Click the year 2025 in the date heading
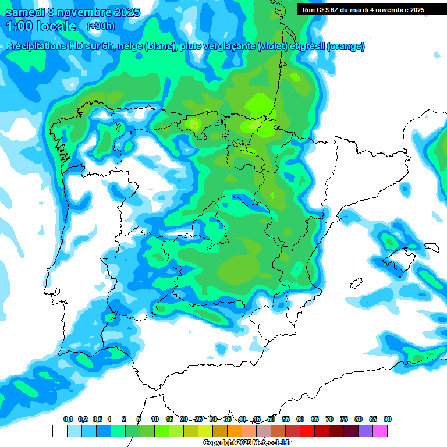pos(123,12)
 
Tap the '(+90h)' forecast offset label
pos(100,26)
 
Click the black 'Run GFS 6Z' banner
pos(364,9)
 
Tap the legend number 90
pos(388,419)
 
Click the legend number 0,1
pos(68,419)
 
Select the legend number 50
pos(271,419)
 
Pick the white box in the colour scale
pos(60,431)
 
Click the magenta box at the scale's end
pos(380,431)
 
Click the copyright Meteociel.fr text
pos(247,443)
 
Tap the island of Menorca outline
pos(431,246)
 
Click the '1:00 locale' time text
pos(41,26)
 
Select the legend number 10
pos(155,419)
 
